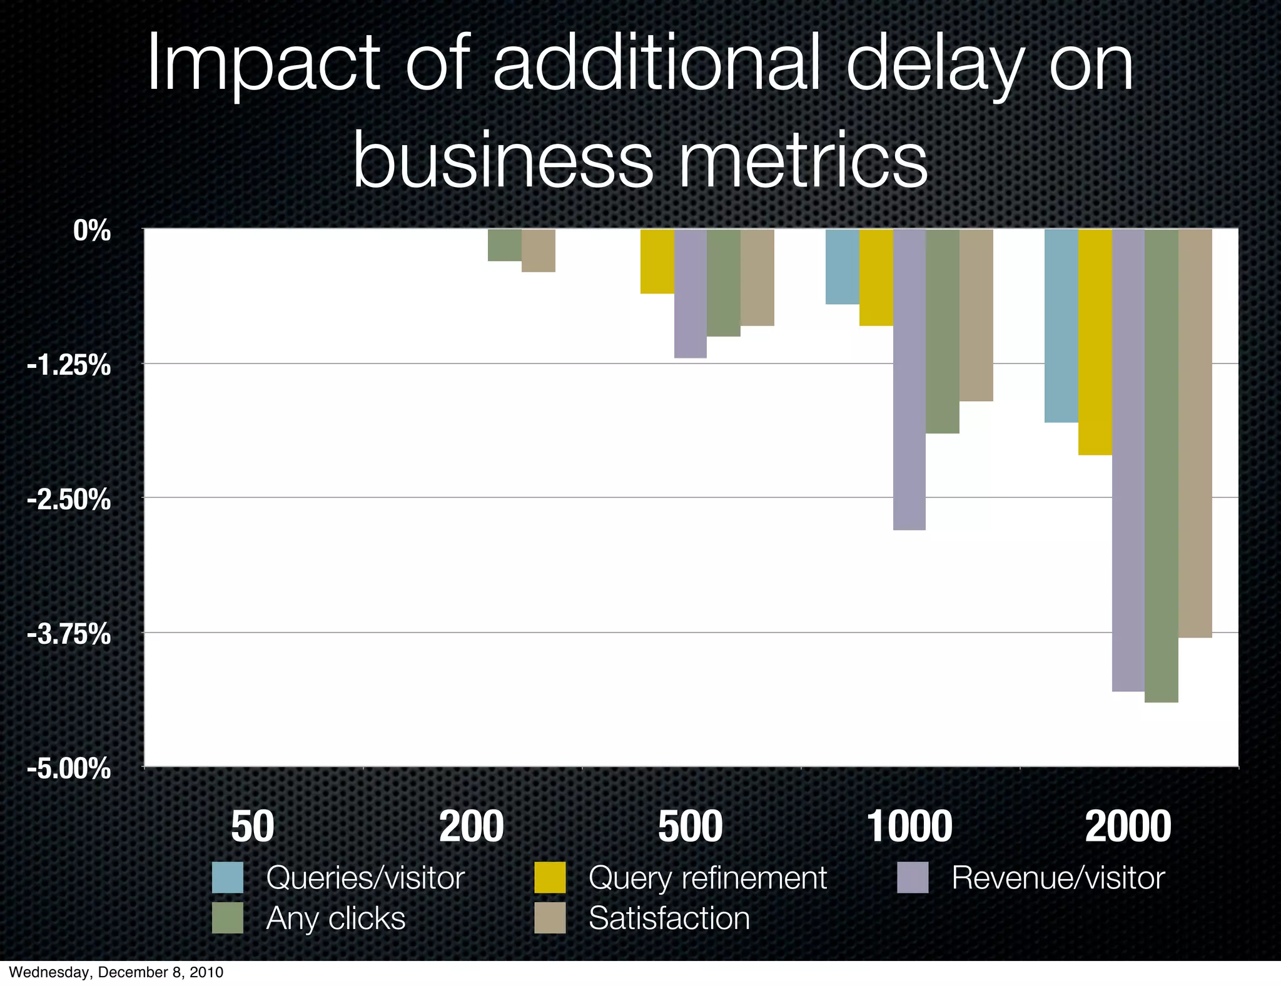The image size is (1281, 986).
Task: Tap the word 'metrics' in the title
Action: tap(803, 161)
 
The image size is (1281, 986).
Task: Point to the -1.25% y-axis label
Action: tap(69, 365)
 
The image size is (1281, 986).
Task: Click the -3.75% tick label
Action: tap(69, 634)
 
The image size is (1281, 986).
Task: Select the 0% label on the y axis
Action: tap(91, 231)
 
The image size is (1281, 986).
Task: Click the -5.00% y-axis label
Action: tap(69, 768)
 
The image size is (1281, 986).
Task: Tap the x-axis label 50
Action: tap(253, 826)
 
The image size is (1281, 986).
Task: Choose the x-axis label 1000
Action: tap(909, 826)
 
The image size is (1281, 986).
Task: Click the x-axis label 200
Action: tap(472, 826)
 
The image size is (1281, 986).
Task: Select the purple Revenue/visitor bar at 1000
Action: tap(909, 379)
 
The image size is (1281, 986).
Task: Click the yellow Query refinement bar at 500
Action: tap(657, 261)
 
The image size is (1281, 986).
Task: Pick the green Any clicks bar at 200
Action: tap(505, 245)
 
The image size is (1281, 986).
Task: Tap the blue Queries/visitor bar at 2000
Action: tap(1061, 325)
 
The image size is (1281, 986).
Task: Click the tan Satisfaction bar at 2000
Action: tap(1195, 433)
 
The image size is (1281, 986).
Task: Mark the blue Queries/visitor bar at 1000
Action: tap(843, 267)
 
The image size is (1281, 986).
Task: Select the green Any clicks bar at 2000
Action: tap(1162, 465)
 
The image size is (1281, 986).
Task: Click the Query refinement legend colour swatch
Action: tap(550, 877)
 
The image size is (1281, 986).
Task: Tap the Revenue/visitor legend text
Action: tap(1058, 878)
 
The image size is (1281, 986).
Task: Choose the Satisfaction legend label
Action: tap(669, 918)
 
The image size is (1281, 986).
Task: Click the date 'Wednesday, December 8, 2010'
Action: tap(116, 972)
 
